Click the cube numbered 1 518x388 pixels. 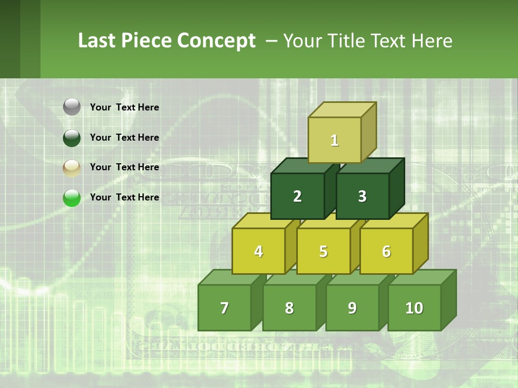335,140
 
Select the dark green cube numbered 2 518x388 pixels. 297,196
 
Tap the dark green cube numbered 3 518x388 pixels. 362,196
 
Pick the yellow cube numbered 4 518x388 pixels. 258,251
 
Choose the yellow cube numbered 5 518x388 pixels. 323,251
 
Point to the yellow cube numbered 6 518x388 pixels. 386,251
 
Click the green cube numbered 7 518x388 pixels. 224,308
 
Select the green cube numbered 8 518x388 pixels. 289,308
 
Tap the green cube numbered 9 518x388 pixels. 352,308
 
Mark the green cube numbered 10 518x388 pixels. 414,308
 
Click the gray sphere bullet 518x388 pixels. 72,107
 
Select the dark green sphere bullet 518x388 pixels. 72,137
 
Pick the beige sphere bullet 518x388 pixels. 72,168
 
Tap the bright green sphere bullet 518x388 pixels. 72,198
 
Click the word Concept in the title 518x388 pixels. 217,41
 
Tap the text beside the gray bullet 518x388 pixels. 125,107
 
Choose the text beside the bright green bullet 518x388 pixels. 125,197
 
